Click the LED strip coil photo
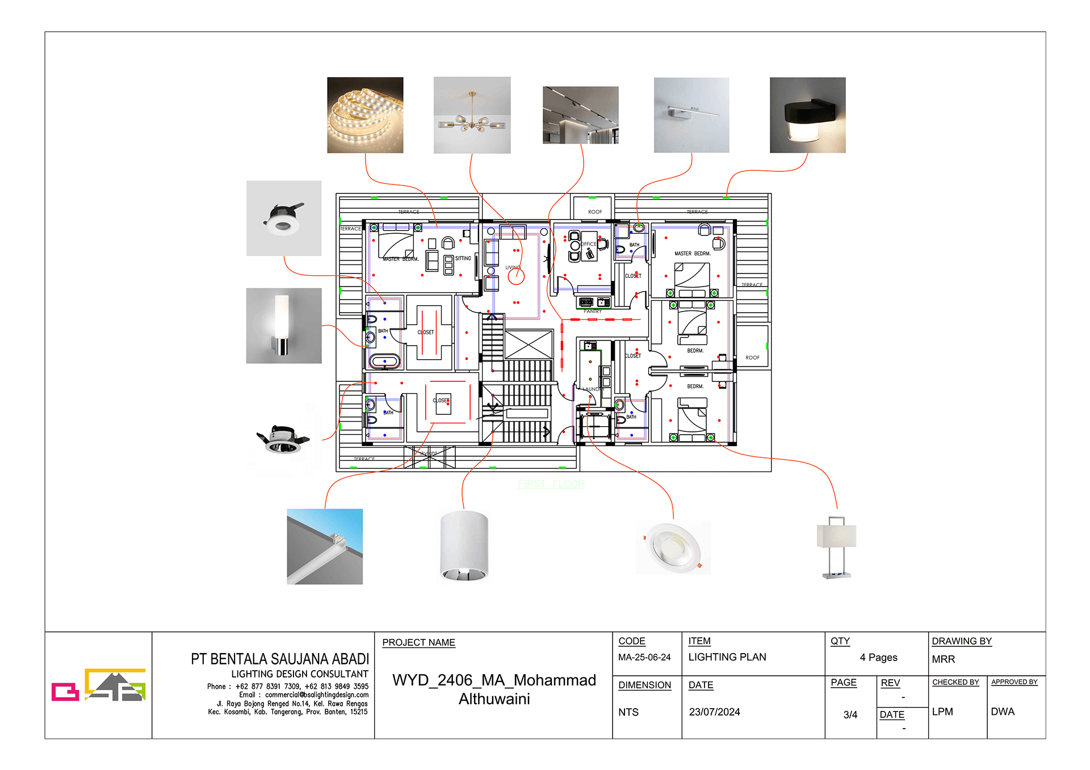(x=365, y=115)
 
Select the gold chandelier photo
(x=472, y=115)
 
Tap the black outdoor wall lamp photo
(x=807, y=115)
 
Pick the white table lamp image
(x=836, y=548)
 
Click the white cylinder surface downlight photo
(x=464, y=546)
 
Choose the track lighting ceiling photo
(x=580, y=115)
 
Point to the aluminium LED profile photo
(x=325, y=546)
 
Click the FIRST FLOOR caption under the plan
(x=551, y=484)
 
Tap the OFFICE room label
(x=589, y=244)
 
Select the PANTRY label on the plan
(x=592, y=312)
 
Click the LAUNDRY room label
(x=592, y=389)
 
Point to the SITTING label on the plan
(x=463, y=258)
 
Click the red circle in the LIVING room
(x=516, y=277)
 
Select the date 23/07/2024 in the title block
(x=714, y=712)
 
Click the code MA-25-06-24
(x=644, y=657)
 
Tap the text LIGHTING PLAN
(x=727, y=657)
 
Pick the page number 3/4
(x=850, y=715)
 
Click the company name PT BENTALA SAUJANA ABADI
(x=279, y=659)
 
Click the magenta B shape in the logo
(x=65, y=692)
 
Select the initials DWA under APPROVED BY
(x=1002, y=712)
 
